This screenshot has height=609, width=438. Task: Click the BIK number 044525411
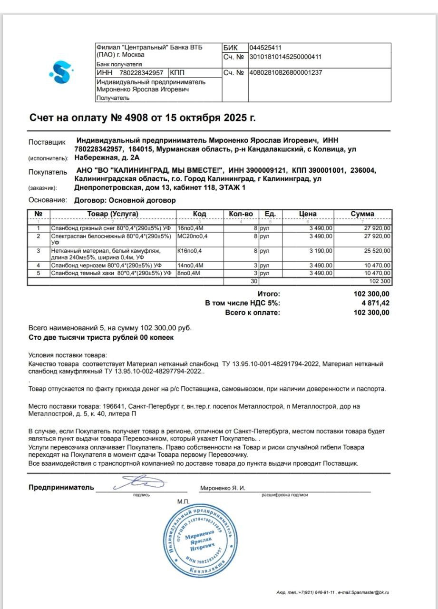click(266, 48)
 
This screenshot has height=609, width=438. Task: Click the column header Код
click(200, 214)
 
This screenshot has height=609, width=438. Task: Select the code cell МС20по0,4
click(193, 236)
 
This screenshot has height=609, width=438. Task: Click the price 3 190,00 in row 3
click(321, 250)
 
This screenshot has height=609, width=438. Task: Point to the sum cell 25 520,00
click(378, 250)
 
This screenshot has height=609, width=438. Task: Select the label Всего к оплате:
click(253, 313)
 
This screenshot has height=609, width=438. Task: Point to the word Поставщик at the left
click(45, 142)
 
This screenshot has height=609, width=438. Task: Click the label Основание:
click(48, 200)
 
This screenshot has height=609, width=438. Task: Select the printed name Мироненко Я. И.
click(223, 488)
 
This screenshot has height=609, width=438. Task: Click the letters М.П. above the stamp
click(184, 501)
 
